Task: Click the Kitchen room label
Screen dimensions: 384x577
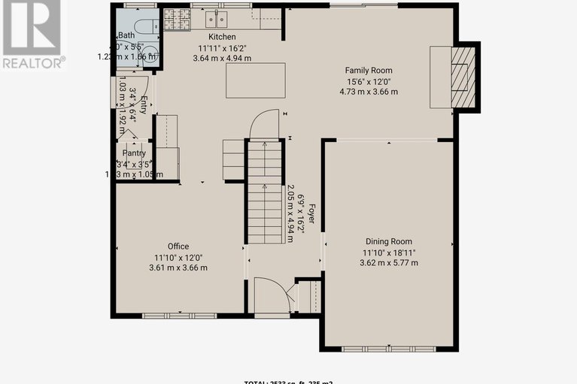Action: [222, 37]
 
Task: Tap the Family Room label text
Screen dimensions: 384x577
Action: [369, 71]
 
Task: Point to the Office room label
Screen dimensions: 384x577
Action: [178, 246]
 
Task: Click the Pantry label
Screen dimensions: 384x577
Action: [134, 153]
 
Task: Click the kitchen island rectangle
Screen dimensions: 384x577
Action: [256, 80]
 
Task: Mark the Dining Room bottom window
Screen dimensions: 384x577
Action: [388, 348]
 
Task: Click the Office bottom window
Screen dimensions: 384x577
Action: [178, 315]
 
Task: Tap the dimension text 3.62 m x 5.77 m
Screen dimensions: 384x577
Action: [389, 262]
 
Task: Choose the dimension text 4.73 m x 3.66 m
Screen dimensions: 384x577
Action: [369, 92]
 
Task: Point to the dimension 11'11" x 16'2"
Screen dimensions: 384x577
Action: [222, 47]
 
